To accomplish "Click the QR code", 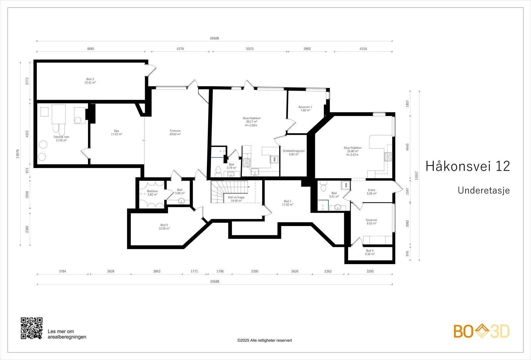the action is coord(32,328).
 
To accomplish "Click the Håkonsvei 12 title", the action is coord(468,166).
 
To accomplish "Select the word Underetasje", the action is coord(484,190).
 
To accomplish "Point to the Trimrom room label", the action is coord(175,131).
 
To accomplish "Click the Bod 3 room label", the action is coord(90,79).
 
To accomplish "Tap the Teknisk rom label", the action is coord(61,137).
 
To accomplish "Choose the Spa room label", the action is coord(116,131).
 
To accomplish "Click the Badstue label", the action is coord(152,191).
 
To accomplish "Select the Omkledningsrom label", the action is coord(294,151).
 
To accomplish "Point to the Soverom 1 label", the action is coord(305,107).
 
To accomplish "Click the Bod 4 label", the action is coord(370,251).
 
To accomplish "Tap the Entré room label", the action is coord(371,190).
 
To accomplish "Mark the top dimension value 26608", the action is coord(214,38).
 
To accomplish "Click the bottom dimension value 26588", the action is coord(214,282).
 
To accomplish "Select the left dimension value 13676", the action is coord(18,154).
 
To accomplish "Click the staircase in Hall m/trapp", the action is coord(229,191).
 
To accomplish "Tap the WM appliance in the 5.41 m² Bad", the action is coord(345,185).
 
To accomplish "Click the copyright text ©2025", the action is coord(265,340).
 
